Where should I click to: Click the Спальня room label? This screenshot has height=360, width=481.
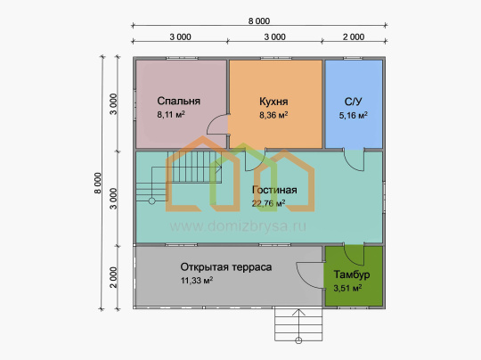pyautogui.click(x=178, y=101)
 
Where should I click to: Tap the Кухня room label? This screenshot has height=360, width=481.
pyautogui.click(x=273, y=102)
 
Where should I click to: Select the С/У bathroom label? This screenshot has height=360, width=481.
pyautogui.click(x=353, y=102)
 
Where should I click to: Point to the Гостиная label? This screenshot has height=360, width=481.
pyautogui.click(x=274, y=190)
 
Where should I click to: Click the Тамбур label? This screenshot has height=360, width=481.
pyautogui.click(x=352, y=274)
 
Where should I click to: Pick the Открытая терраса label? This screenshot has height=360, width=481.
pyautogui.click(x=226, y=267)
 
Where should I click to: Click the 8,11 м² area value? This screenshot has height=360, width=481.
pyautogui.click(x=171, y=114)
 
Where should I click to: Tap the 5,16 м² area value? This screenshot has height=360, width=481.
pyautogui.click(x=353, y=116)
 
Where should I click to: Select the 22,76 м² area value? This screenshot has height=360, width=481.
pyautogui.click(x=269, y=203)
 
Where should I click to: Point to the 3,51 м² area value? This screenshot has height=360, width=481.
pyautogui.click(x=347, y=288)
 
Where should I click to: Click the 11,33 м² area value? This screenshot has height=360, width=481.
pyautogui.click(x=197, y=280)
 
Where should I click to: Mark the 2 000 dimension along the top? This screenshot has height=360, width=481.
pyautogui.click(x=354, y=37)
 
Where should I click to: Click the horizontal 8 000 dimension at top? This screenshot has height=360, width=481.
pyautogui.click(x=259, y=21)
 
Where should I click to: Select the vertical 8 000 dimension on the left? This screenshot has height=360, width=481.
pyautogui.click(x=98, y=184)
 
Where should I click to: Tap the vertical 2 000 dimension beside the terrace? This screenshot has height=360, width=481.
pyautogui.click(x=113, y=277)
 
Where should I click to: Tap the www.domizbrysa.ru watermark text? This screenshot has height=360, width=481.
pyautogui.click(x=238, y=226)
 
